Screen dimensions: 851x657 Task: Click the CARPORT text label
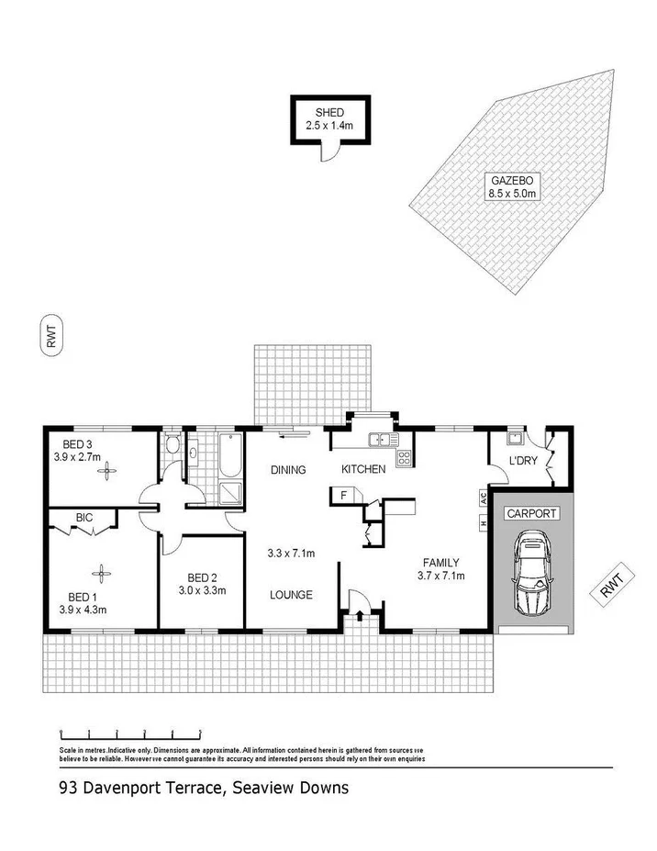[531, 513]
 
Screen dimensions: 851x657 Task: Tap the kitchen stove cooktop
[402, 456]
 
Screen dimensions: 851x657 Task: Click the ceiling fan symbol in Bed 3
[109, 473]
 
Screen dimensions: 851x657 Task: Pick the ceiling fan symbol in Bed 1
[100, 570]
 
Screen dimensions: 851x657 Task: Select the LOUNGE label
[292, 595]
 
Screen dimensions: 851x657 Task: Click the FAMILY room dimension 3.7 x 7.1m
[440, 577]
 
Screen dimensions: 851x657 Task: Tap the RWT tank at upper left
[52, 335]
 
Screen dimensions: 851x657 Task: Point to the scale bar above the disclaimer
[130, 733]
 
